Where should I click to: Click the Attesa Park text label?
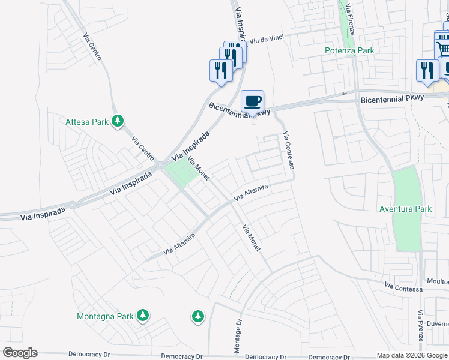(87, 122)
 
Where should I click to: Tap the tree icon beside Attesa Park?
(118, 122)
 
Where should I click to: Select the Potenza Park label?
(349, 50)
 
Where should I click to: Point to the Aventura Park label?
(406, 209)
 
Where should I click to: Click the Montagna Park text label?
(105, 316)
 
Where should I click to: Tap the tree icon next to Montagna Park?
(142, 316)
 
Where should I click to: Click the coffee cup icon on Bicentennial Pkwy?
(252, 101)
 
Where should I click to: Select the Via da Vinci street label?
(269, 39)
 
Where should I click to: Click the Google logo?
(20, 353)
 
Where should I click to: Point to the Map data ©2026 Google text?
(412, 355)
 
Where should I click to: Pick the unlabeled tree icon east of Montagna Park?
(197, 316)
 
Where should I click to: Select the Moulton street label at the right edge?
(438, 281)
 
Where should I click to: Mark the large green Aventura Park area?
(408, 228)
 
